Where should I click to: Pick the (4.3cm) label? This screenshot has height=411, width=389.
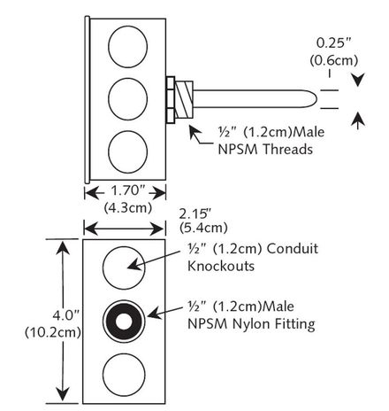[125, 207]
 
